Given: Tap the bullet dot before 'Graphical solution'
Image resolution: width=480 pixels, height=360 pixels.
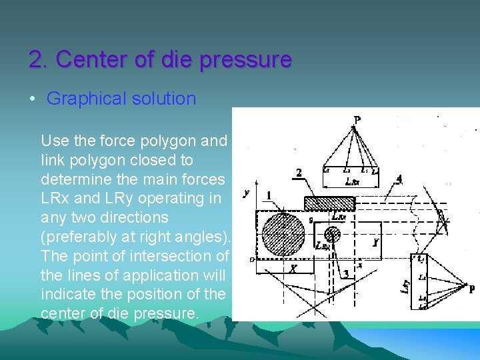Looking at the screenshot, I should coord(32,99).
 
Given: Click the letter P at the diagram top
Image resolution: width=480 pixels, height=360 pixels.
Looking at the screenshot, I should coord(357,121).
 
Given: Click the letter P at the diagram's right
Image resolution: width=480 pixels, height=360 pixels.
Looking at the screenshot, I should coord(471,289).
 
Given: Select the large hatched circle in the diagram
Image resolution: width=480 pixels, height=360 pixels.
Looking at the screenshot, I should coord(283,234).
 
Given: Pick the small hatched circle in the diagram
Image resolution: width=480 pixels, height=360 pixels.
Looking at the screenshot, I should coord(332,234).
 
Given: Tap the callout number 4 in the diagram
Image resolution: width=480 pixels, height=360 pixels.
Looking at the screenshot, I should coord(398,178).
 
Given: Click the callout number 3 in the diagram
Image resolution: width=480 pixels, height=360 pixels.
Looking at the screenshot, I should coord(345,274).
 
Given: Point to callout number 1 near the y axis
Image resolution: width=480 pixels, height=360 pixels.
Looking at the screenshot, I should coord(268,195).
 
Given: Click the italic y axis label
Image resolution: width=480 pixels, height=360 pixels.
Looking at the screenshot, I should coord(247,193).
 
